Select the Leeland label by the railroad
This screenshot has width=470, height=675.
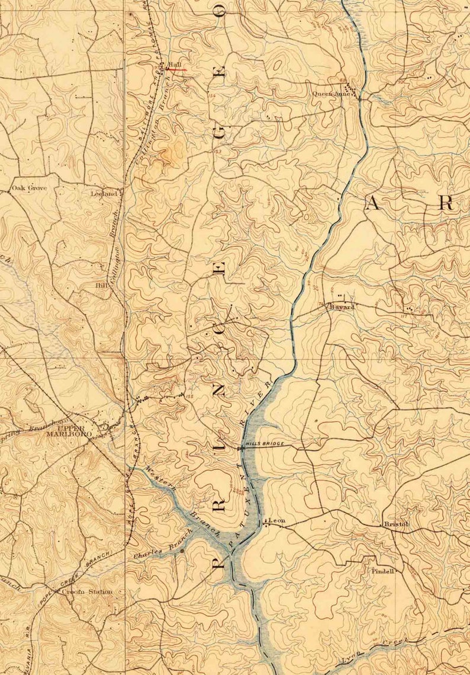click(105, 193)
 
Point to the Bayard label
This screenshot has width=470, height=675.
click(342, 307)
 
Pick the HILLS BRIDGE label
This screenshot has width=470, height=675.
click(265, 444)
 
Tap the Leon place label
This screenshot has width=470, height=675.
click(277, 521)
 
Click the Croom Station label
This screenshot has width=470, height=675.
click(91, 591)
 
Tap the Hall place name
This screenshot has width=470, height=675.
click(173, 65)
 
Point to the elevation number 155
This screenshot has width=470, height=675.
click(189, 396)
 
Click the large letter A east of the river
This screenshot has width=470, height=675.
click(372, 204)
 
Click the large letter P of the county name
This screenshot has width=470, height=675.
click(218, 560)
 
